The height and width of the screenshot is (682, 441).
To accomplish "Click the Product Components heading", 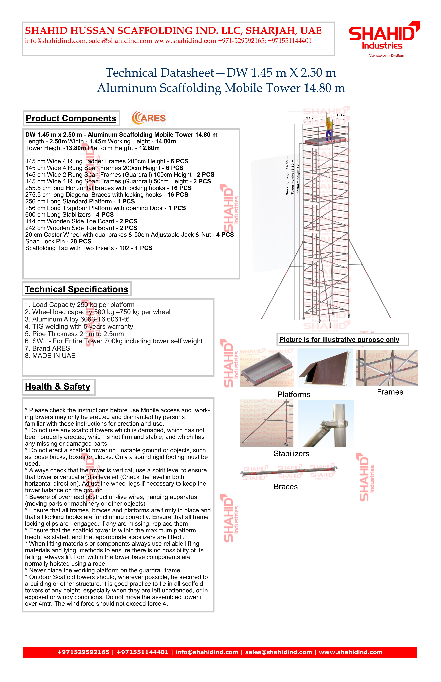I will point(71,118).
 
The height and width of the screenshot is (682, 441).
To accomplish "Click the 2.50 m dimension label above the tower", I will point(310,118).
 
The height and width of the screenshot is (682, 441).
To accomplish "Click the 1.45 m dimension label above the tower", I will point(341,116).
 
